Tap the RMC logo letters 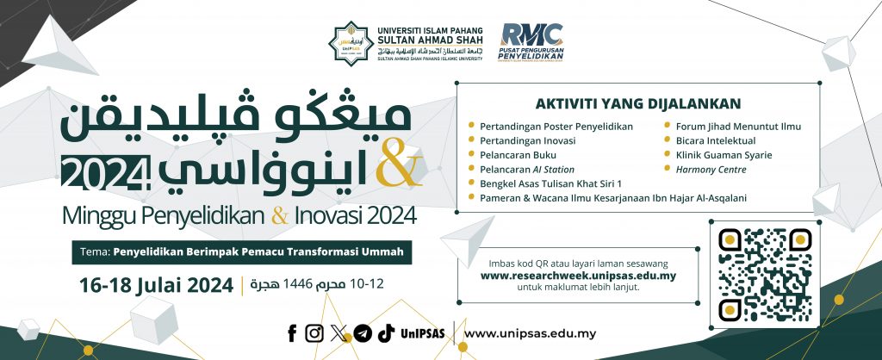pos(532,34)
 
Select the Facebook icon pos(293,333)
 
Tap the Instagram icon pos(315,333)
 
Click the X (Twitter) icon pos(339,333)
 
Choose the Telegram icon pos(363,333)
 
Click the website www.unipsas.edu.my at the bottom pos(530,333)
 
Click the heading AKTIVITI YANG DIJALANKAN pos(638,103)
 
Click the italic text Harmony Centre pos(711,170)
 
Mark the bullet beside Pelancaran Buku pos(471,155)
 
